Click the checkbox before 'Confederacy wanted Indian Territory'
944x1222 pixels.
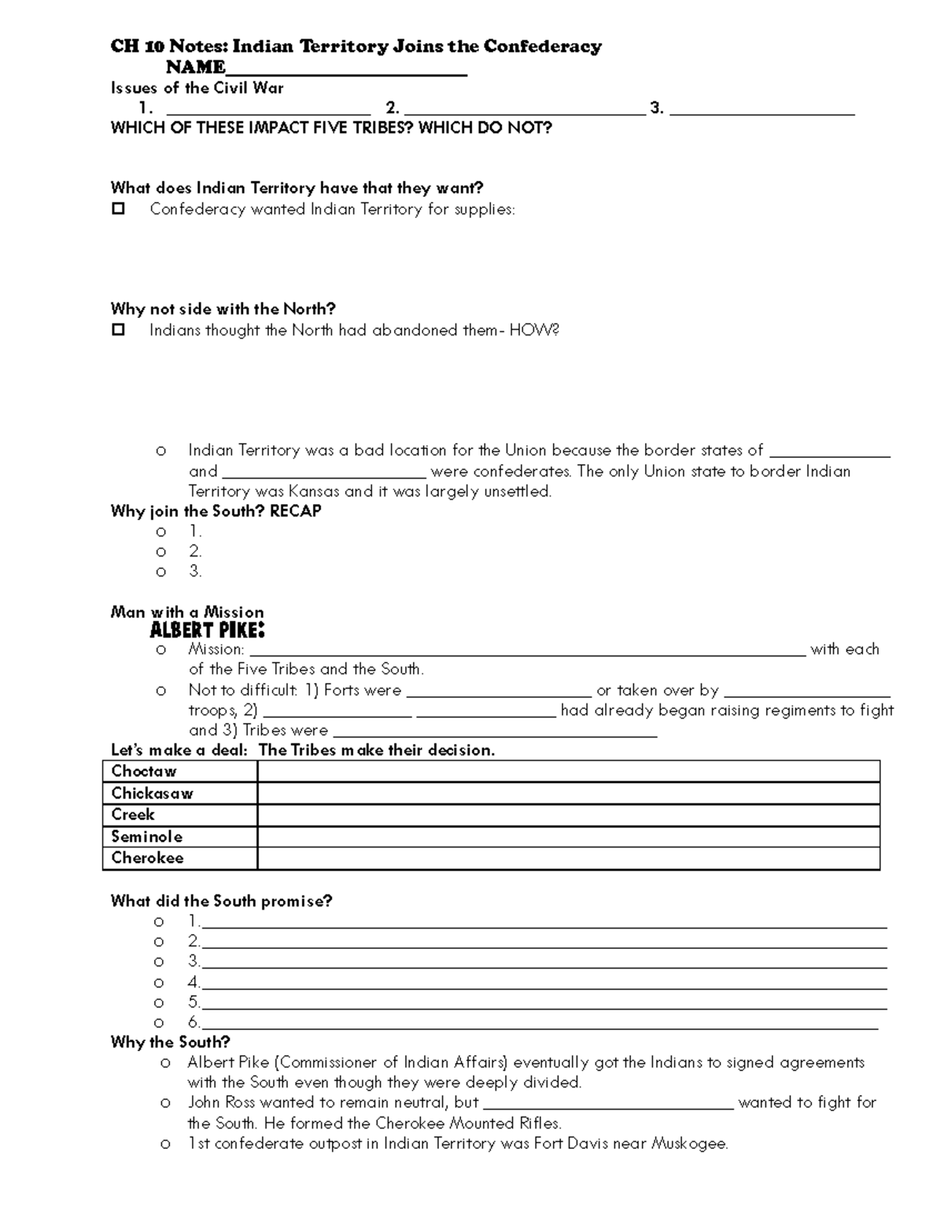(119, 209)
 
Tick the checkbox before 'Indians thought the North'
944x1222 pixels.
(119, 330)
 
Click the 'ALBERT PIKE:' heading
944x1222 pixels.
(207, 630)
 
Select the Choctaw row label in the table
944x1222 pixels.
(144, 771)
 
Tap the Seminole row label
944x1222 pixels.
(146, 836)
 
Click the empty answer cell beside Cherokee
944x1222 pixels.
(568, 858)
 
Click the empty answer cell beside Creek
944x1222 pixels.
(568, 815)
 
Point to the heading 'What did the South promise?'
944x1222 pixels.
(221, 901)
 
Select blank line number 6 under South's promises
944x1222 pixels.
(539, 1024)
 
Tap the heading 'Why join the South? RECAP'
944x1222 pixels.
(216, 511)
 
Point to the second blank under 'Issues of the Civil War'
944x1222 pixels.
(525, 110)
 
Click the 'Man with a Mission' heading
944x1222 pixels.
(187, 612)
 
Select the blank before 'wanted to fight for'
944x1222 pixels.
(608, 1104)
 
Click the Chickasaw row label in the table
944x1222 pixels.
(152, 793)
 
